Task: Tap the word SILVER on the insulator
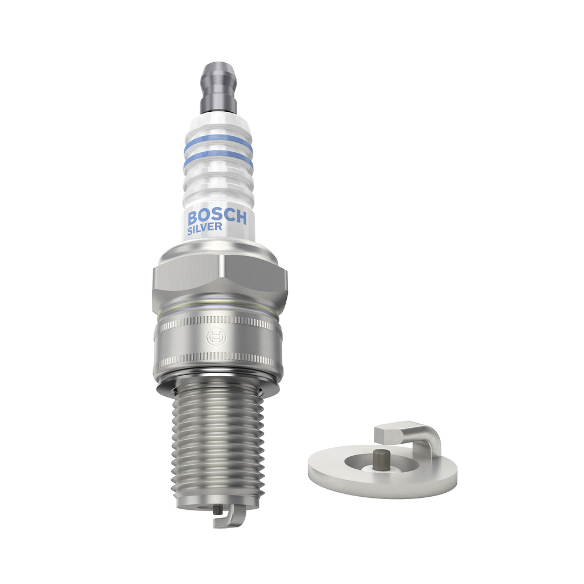point(205,229)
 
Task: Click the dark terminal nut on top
point(218,88)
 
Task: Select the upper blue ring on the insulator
point(218,143)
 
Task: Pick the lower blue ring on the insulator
point(218,160)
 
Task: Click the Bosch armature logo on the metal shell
point(216,337)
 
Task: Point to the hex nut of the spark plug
point(220,274)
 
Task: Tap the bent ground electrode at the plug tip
point(230,518)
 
